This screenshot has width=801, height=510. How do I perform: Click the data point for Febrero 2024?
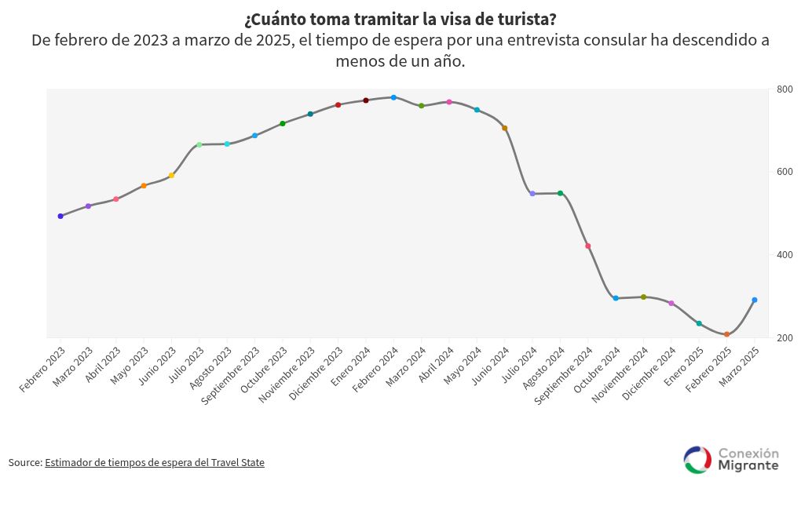393,97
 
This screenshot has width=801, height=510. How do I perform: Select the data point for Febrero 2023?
60,216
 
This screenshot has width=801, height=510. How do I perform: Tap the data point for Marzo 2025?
755,300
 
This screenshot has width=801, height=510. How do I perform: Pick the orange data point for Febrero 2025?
726,334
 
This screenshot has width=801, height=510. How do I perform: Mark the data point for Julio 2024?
532,193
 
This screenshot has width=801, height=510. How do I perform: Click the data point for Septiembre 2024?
587,246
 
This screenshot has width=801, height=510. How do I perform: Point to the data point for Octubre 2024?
616,298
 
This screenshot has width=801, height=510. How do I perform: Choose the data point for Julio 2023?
199,144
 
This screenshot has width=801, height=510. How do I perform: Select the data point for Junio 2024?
504,128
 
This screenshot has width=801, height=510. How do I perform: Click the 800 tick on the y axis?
785,89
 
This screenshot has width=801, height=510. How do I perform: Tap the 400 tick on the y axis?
785,255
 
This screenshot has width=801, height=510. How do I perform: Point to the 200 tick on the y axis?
785,338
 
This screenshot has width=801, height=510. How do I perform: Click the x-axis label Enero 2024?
350,367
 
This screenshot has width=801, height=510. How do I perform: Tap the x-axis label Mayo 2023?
129,366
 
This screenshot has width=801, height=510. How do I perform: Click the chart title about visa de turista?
400,18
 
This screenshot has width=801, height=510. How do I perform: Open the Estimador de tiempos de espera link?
155,463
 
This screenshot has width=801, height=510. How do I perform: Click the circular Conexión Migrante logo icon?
697,460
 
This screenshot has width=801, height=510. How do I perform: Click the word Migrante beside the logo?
748,466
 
